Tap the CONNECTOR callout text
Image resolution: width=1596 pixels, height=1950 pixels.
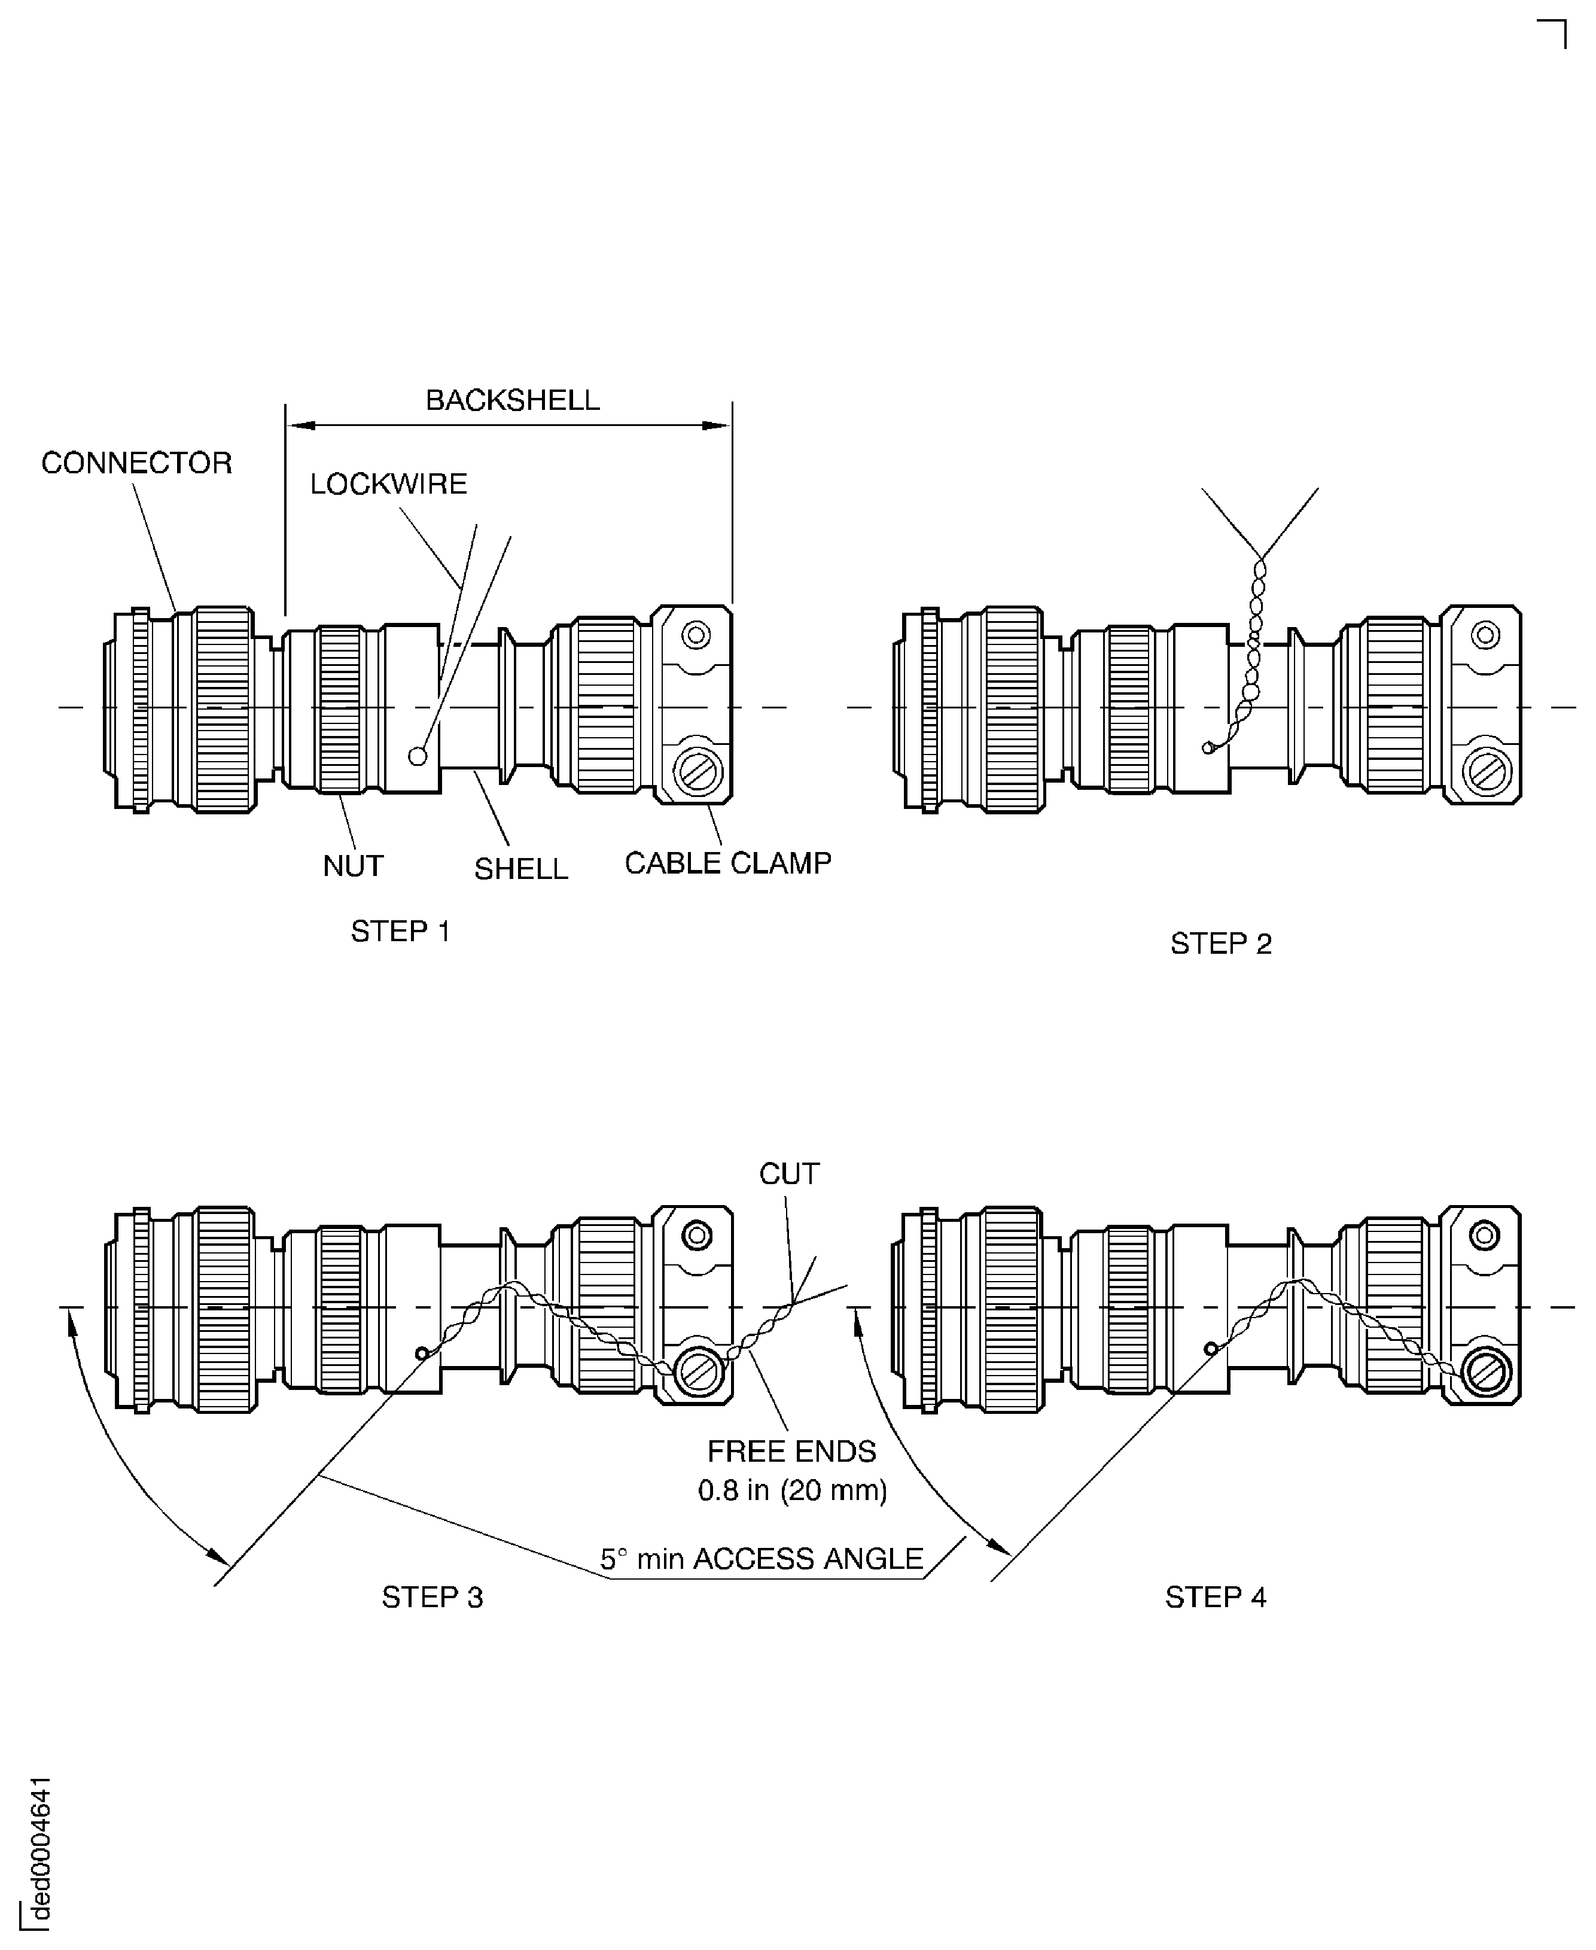coord(136,463)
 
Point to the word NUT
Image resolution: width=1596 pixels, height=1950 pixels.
coord(352,865)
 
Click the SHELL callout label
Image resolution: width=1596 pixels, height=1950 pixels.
coord(520,869)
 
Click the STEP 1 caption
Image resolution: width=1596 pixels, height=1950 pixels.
coord(400,932)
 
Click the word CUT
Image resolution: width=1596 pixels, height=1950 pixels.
coord(788,1173)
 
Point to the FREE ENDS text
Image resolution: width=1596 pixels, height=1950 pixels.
coord(791,1451)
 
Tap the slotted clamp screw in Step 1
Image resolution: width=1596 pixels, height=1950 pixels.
coord(698,771)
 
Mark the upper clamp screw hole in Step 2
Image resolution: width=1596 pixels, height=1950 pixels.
coord(1485,634)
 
